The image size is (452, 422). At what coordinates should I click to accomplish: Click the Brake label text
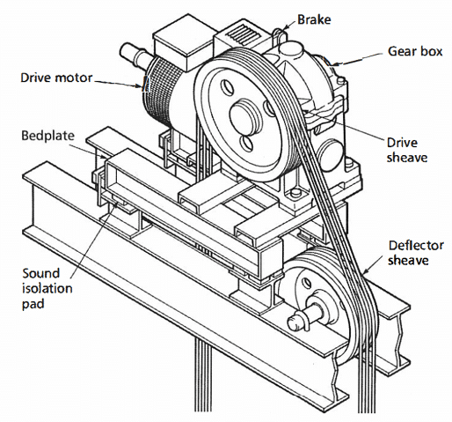(314, 19)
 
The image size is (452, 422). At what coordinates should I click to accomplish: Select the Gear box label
(415, 51)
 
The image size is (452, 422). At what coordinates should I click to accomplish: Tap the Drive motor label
(56, 78)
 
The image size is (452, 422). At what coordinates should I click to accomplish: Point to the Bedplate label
(48, 136)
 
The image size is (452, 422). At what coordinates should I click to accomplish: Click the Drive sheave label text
(407, 150)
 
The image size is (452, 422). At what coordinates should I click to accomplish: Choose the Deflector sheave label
(416, 253)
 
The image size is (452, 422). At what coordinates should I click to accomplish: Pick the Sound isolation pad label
(47, 288)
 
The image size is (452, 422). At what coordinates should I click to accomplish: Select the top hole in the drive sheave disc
(228, 87)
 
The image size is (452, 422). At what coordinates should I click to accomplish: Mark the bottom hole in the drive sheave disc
(246, 144)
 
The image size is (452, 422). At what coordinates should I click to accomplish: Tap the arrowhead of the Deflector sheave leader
(365, 272)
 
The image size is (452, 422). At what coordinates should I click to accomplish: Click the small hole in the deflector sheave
(307, 284)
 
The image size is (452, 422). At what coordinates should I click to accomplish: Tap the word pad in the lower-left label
(33, 304)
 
